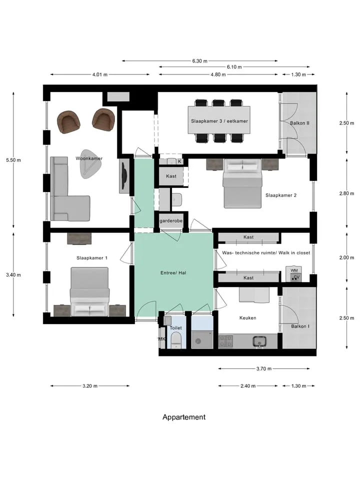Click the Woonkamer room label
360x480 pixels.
tap(89, 158)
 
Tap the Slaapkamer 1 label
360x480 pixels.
tap(92, 258)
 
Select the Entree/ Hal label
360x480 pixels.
tap(173, 273)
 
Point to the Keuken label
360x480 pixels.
tap(247, 318)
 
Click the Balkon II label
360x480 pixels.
tap(299, 123)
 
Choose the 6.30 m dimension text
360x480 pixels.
tap(199, 61)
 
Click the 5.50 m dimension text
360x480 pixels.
tap(13, 160)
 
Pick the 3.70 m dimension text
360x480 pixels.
tap(264, 369)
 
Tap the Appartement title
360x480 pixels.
tap(184, 417)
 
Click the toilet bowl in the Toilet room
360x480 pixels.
tap(176, 340)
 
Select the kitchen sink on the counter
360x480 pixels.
tap(260, 341)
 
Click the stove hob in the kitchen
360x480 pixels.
tap(226, 341)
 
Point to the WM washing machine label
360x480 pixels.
tap(294, 270)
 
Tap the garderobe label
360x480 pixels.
tap(171, 220)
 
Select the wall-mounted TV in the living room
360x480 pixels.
tap(124, 175)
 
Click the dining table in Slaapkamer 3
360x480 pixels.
tap(219, 120)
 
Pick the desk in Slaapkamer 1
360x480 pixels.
tap(79, 239)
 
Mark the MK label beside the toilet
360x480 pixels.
tap(161, 339)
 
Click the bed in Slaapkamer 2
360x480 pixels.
tap(243, 183)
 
